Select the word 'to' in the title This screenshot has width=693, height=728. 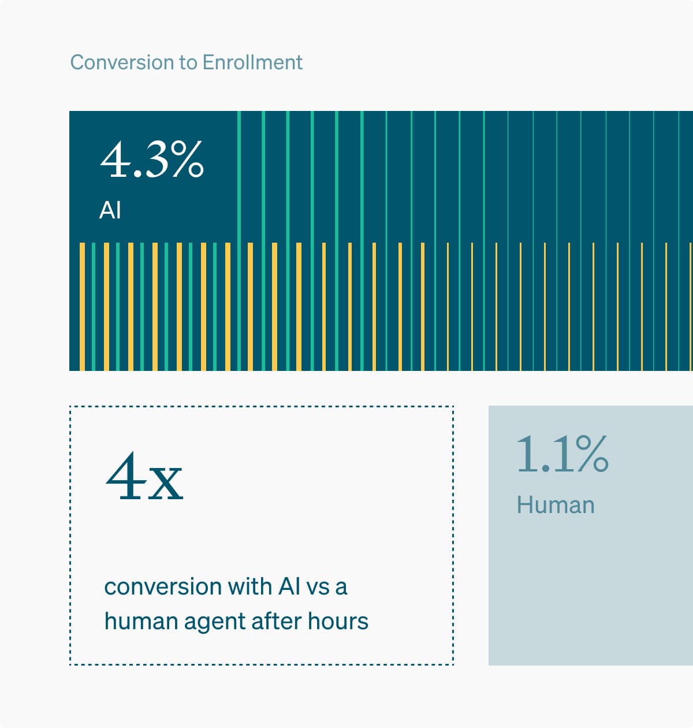pos(188,62)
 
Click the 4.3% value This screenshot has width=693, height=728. pos(152,159)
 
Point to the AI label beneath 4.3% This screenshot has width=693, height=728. pos(110,210)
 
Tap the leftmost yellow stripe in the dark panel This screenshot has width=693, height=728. pos(82,306)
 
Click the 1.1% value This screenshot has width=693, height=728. pos(562,454)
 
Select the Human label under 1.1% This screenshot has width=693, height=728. pos(555,505)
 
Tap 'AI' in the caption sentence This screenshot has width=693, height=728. pos(289,586)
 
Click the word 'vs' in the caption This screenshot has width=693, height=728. pos(318,587)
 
